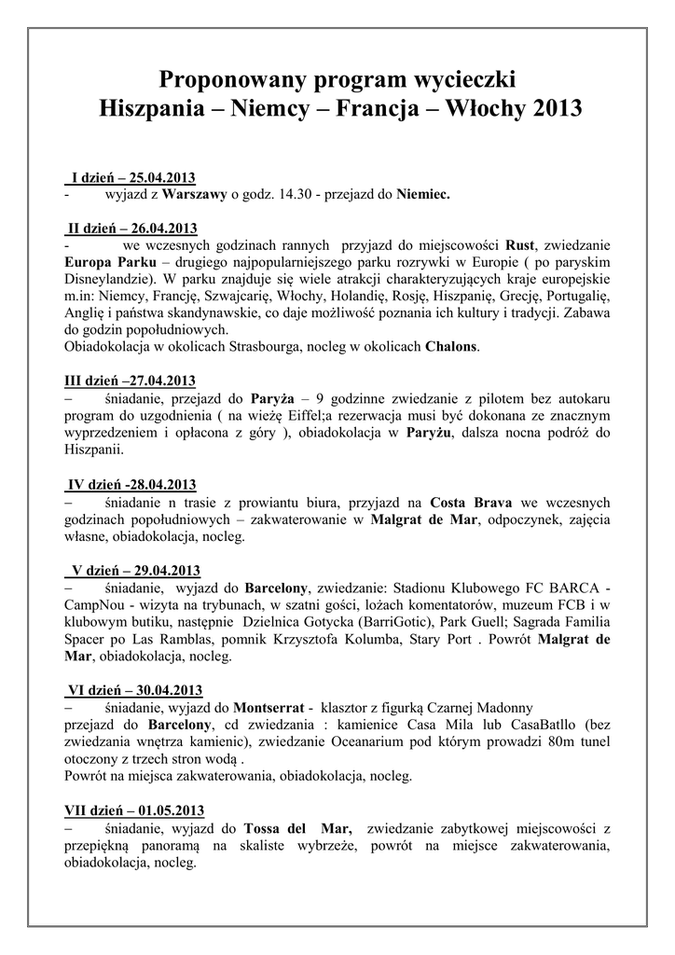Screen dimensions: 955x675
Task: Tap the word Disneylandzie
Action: (107, 279)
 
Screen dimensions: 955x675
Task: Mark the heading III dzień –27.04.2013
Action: (130, 380)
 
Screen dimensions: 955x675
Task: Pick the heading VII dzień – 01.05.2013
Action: (133, 809)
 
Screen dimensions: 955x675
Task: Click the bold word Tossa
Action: (265, 826)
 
